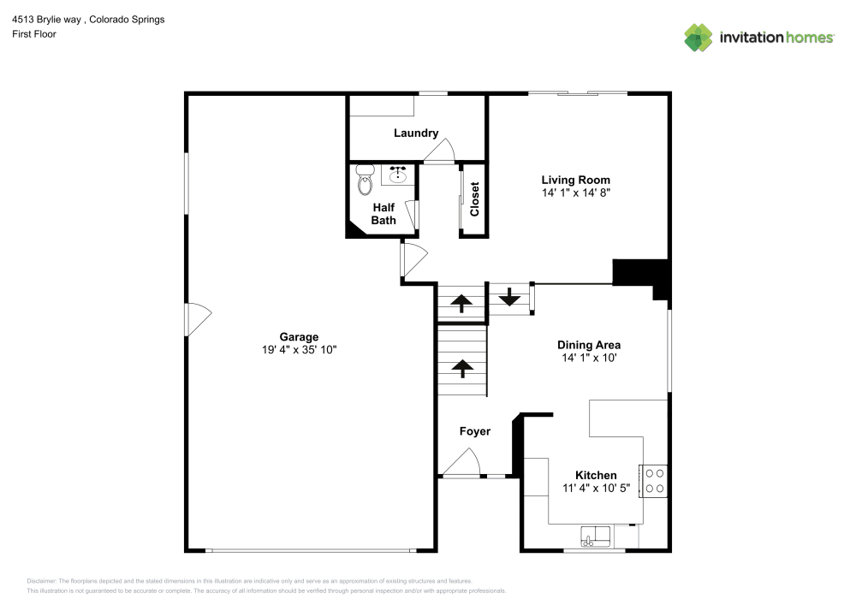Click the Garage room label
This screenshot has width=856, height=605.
[298, 336]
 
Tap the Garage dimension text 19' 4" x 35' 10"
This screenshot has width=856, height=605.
[298, 350]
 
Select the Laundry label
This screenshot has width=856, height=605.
[416, 133]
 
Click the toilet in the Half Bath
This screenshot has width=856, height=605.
[365, 179]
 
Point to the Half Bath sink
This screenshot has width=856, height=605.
[397, 175]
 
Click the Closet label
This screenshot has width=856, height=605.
[474, 199]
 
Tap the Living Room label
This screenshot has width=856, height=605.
[575, 180]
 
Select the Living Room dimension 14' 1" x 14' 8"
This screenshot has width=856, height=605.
[575, 193]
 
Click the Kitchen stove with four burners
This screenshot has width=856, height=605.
[654, 480]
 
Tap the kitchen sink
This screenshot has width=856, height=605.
[595, 537]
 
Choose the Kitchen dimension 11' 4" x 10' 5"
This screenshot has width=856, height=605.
[596, 489]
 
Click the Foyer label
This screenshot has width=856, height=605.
[474, 431]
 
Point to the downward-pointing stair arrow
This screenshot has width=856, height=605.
[509, 298]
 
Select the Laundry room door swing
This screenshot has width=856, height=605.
[441, 152]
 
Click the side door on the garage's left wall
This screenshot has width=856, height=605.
[196, 319]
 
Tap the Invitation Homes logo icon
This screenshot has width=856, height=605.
[698, 37]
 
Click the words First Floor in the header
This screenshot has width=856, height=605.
[33, 34]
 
